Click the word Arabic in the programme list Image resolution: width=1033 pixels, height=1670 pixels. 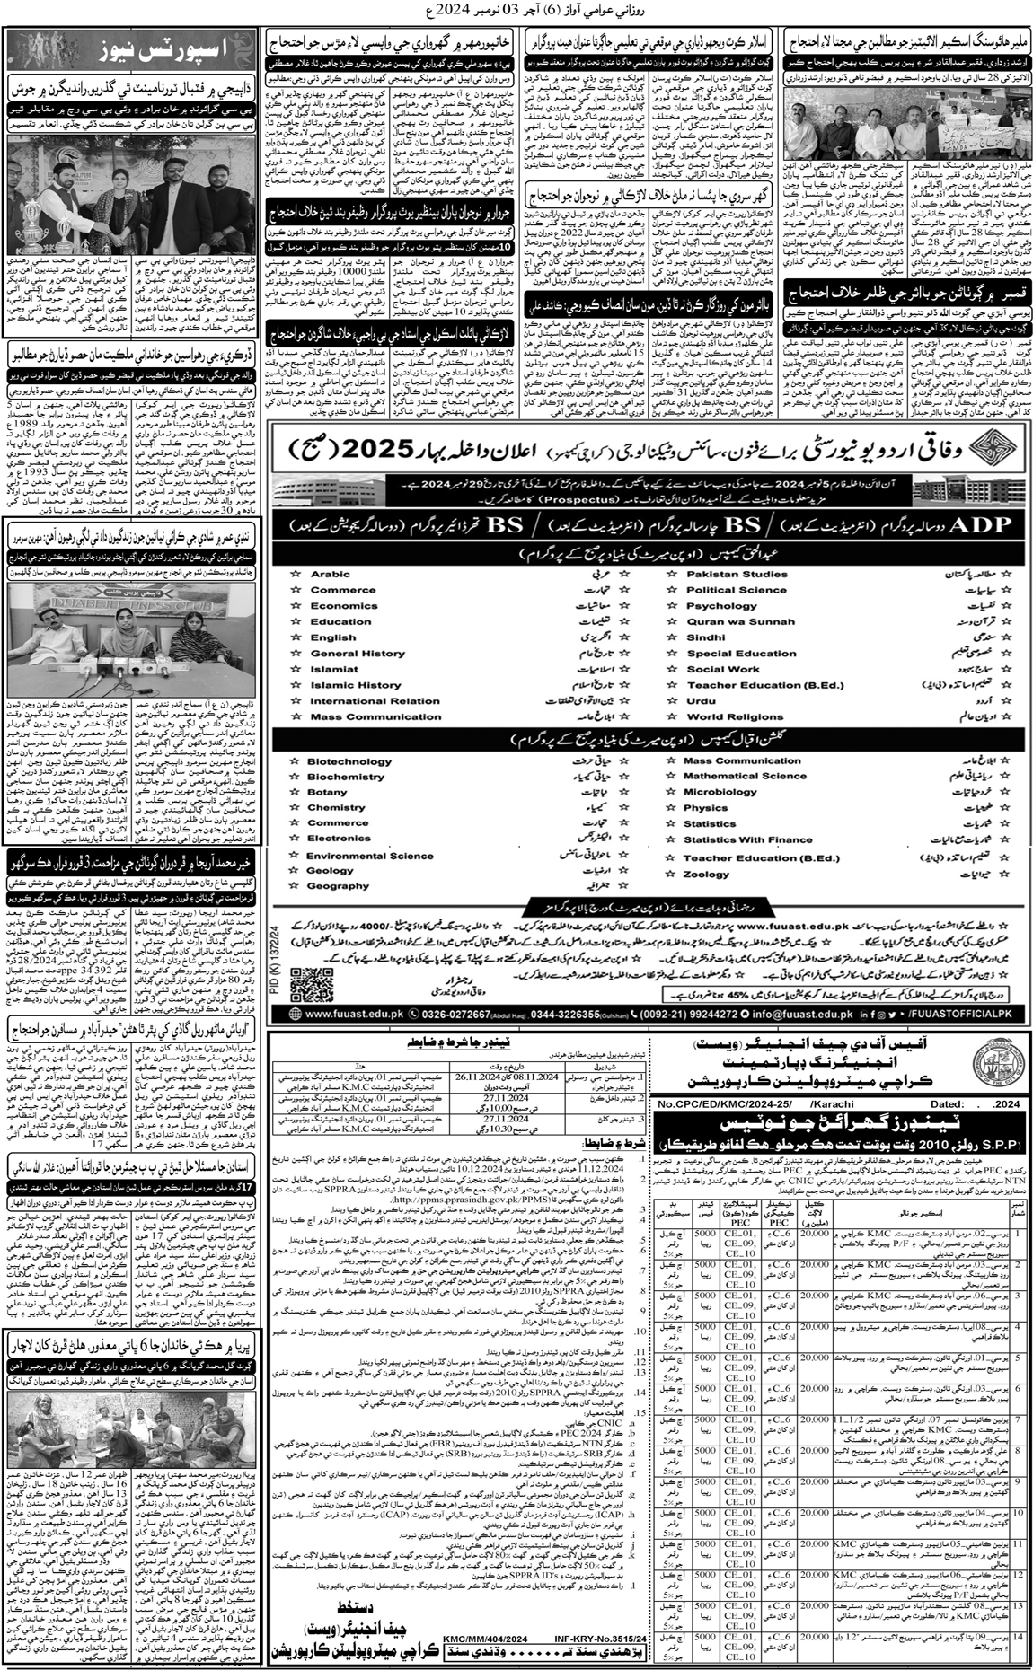330,574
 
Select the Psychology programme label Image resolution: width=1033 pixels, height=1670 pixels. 721,606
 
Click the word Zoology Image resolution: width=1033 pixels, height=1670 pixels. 706,874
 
